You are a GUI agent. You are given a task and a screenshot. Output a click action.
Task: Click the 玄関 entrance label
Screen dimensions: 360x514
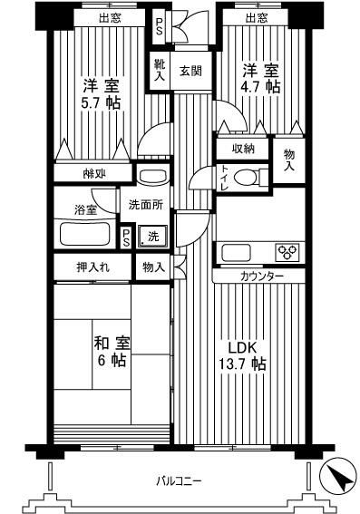pyautogui.click(x=190, y=71)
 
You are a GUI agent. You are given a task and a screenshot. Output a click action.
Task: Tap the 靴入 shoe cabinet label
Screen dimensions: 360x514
pyautogui.click(x=160, y=70)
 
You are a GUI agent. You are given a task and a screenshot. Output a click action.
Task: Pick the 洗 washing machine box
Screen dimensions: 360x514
pyautogui.click(x=154, y=237)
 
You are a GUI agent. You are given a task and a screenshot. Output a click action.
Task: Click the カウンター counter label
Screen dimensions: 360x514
pyautogui.click(x=262, y=276)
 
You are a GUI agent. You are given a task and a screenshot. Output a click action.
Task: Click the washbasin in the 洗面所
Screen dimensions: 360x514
pyautogui.click(x=151, y=174)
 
